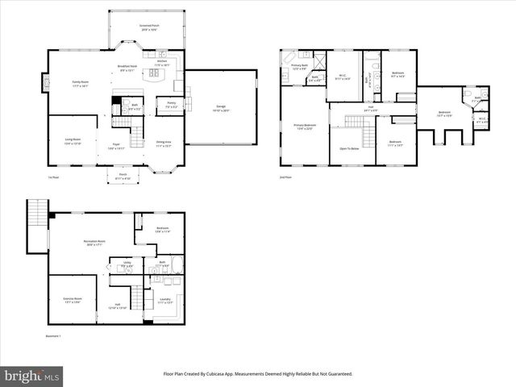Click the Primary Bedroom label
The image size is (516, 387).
[304, 127]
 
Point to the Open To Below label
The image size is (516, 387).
[349, 149]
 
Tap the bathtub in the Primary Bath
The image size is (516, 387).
[287, 61]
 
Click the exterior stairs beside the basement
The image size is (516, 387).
[35, 214]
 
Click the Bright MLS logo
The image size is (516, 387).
[32, 376]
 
